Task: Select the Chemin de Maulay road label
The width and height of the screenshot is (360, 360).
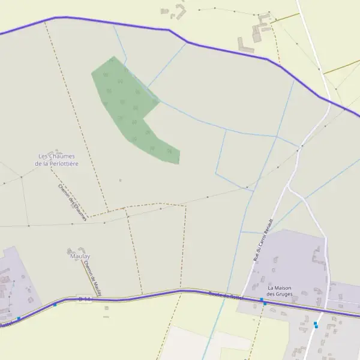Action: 92,277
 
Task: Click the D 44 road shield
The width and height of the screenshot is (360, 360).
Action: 85,298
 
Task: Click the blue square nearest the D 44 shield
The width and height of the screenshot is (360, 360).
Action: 55,304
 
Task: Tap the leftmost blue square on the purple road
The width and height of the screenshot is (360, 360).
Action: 19,318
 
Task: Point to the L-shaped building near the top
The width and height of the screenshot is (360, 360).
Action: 245,45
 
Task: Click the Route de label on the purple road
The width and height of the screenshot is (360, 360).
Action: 219,294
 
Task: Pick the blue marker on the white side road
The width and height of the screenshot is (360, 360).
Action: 316,325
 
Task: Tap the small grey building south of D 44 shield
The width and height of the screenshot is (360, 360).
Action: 106,308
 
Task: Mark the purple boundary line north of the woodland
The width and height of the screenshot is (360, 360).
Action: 120,22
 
